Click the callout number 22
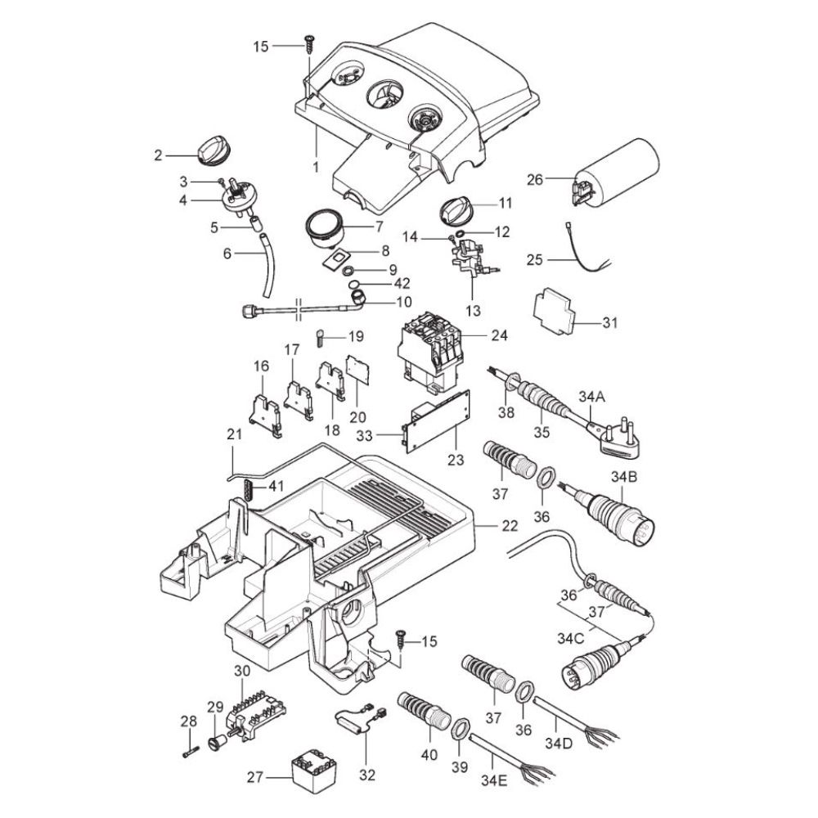[x=509, y=526]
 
